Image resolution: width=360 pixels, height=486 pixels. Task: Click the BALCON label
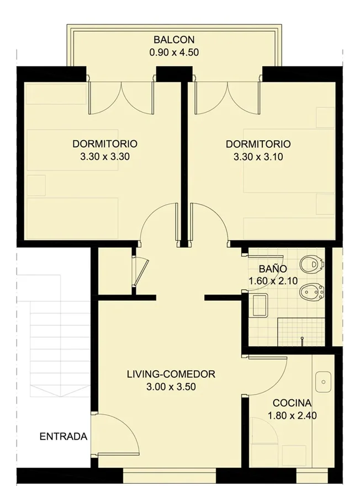174,40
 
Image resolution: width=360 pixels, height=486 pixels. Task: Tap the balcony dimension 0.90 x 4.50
174,52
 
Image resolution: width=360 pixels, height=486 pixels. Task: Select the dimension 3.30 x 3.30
105,157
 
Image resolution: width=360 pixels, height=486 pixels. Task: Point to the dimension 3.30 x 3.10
258,157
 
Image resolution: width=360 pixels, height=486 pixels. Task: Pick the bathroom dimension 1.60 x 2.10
273,281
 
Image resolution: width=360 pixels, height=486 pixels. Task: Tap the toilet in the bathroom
312,264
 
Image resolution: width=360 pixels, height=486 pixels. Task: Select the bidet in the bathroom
311,292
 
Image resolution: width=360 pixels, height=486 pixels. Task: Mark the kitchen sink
324,382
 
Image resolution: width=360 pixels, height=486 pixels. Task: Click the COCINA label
292,403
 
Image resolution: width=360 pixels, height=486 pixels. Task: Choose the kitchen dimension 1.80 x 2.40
292,415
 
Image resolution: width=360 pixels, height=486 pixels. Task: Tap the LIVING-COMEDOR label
171,374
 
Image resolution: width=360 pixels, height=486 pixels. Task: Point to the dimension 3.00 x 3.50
171,387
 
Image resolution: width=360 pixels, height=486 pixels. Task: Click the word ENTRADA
63,436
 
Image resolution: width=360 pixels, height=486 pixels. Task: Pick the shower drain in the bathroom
301,340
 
